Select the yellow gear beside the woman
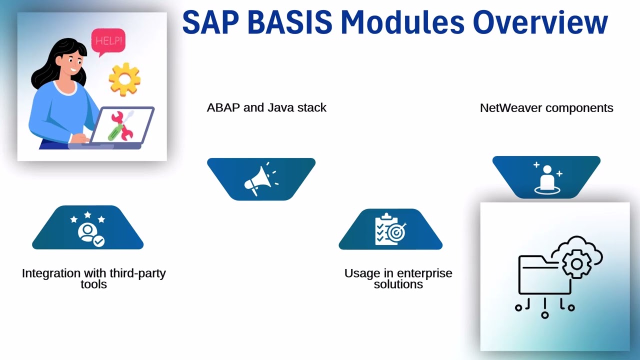point(124,79)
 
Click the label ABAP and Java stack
point(266,107)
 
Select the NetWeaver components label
point(546,108)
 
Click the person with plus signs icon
point(546,177)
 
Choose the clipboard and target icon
point(390,229)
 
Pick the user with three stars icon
point(88,228)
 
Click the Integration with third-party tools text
point(93,278)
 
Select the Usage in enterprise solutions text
point(398,278)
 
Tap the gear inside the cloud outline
point(576,263)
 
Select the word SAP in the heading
point(210,22)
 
